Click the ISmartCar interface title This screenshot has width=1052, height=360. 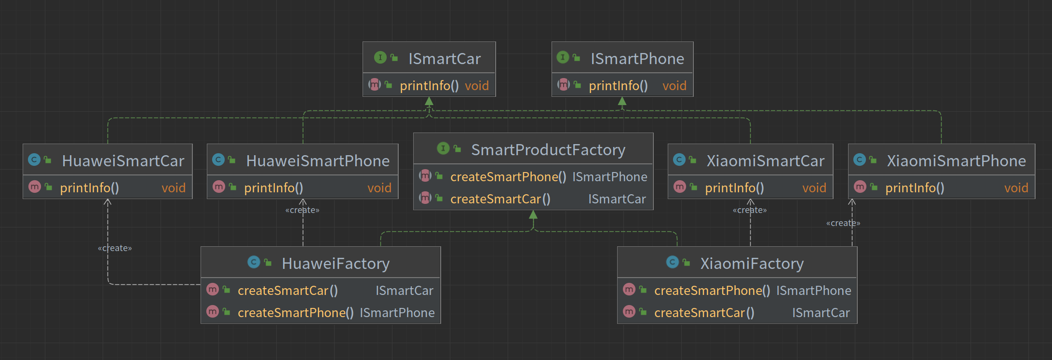point(445,59)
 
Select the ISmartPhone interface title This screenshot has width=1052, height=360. point(637,59)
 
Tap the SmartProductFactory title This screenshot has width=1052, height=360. point(548,150)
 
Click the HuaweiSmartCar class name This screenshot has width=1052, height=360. point(123,161)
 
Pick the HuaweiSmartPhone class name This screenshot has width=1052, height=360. point(318,161)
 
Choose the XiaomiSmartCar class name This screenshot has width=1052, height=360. point(766,161)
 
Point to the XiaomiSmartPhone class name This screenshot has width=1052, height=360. point(957,161)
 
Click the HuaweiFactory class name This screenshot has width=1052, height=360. point(336,264)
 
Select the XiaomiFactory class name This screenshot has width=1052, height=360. point(752,264)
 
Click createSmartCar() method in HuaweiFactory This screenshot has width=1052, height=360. point(288,291)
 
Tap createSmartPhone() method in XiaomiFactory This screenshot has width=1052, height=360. point(712,291)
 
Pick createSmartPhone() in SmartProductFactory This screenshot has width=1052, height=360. point(508,177)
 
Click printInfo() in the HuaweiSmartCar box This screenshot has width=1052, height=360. point(89,188)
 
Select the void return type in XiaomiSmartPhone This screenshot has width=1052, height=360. point(1016,188)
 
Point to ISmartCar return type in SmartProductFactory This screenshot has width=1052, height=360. point(617,199)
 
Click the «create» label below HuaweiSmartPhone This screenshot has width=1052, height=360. point(302,210)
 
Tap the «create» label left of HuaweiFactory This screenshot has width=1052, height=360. point(115,248)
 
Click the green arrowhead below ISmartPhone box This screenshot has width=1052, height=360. point(622,101)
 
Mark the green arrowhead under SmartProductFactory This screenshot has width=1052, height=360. point(533,214)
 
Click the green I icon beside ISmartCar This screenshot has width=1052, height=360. point(380,58)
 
